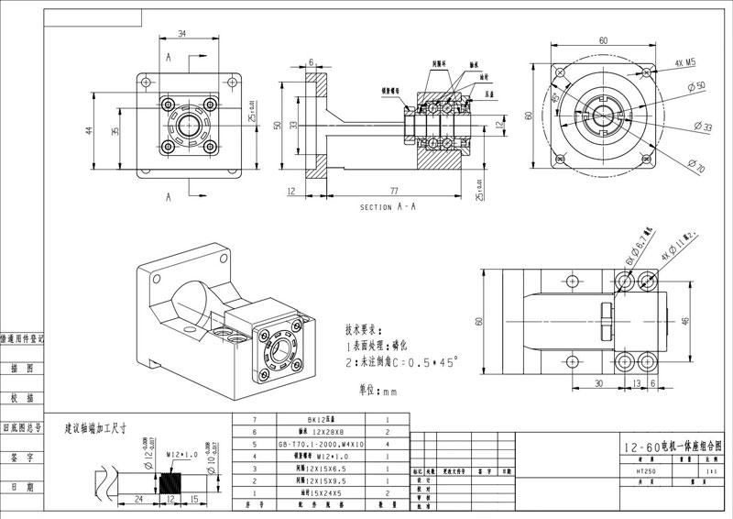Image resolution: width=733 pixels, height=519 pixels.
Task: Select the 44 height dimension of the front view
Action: tap(90, 129)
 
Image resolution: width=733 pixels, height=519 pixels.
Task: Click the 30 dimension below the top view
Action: tap(596, 383)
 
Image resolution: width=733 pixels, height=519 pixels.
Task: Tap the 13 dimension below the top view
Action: tap(634, 383)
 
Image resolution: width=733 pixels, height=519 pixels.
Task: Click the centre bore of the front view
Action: tap(191, 124)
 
